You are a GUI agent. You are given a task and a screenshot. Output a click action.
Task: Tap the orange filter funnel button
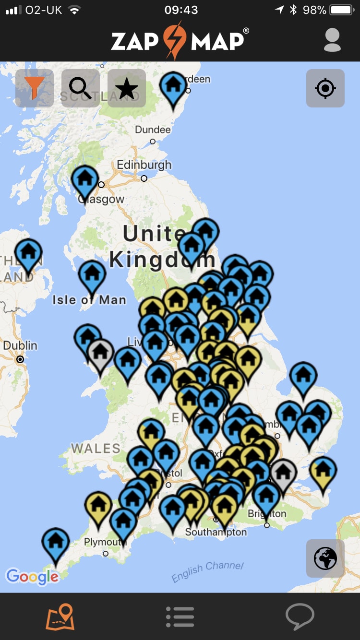[x=34, y=88]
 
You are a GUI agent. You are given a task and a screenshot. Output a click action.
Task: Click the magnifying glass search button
[x=80, y=88]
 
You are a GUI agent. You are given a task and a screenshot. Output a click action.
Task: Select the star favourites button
[x=127, y=88]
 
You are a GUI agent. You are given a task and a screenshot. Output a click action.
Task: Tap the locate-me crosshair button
[x=325, y=88]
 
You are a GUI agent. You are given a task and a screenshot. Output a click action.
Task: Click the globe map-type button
[x=325, y=558]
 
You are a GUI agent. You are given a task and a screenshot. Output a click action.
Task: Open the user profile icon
[x=332, y=40]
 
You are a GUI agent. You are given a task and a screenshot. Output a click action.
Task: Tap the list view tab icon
[x=180, y=616]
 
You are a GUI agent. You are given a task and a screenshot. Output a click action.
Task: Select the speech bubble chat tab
[x=300, y=616]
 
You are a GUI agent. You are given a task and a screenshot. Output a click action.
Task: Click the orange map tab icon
[x=60, y=616]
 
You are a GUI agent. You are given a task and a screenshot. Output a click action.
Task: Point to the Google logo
[x=32, y=576]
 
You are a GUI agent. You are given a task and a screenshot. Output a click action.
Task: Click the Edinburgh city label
[x=144, y=166]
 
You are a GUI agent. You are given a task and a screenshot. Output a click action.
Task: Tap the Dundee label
[x=153, y=130]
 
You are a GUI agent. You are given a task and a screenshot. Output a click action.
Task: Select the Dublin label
[x=20, y=345]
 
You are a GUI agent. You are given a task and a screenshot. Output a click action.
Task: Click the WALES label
[x=96, y=449]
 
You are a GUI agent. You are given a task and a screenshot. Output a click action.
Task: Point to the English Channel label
[x=207, y=571]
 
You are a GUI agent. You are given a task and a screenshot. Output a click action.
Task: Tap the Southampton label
[x=216, y=532]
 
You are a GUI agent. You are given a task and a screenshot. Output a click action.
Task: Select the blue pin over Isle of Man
[x=92, y=274]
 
